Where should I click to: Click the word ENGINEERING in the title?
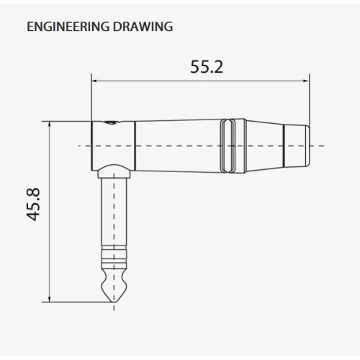(68, 27)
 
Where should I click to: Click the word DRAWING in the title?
(143, 27)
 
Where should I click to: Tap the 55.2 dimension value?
(207, 67)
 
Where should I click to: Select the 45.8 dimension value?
(33, 204)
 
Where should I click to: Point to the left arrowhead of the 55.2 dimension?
(94, 81)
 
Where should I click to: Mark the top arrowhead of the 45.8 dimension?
(50, 124)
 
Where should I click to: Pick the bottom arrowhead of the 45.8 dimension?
(50, 300)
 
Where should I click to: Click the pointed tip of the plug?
(114, 302)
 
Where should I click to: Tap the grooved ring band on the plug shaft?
(114, 256)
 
